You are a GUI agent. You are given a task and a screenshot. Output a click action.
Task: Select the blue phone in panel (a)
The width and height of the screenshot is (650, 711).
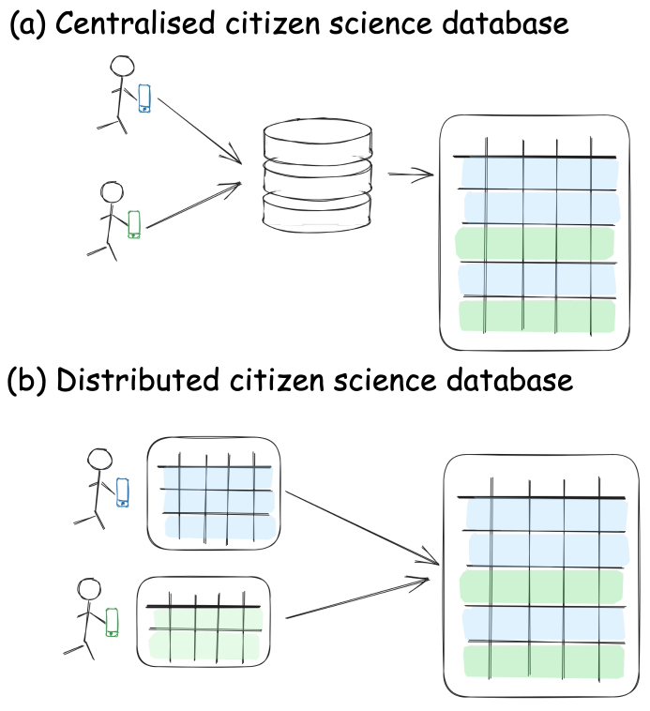point(144,98)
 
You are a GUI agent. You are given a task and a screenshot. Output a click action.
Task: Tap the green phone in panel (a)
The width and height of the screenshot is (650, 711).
point(134,224)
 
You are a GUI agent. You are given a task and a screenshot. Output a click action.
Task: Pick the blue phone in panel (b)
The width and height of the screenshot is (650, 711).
point(122,492)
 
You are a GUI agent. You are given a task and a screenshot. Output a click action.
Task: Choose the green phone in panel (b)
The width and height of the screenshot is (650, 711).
point(112,622)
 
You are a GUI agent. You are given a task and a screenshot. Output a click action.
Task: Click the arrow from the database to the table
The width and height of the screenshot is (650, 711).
point(409,174)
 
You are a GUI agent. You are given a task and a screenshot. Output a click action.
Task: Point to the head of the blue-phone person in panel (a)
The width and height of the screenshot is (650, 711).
point(122,68)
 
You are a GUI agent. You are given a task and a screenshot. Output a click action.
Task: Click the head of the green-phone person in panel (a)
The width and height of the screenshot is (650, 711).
point(112,191)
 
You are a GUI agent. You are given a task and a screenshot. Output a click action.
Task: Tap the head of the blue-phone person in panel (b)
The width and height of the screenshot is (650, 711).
point(99,460)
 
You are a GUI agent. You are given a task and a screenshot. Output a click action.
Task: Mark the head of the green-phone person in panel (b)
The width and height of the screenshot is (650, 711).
point(89,589)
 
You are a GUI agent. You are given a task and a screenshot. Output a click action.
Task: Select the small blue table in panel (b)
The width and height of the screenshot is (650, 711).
point(214,492)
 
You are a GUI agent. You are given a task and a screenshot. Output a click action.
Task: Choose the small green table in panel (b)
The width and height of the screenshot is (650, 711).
point(204,622)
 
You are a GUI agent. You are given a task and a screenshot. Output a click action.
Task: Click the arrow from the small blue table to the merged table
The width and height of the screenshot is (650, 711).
point(361,527)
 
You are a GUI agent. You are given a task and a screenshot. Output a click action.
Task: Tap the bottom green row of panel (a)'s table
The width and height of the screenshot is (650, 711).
point(536,315)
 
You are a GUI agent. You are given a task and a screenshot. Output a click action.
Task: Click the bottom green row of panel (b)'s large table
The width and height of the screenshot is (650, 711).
point(542,660)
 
